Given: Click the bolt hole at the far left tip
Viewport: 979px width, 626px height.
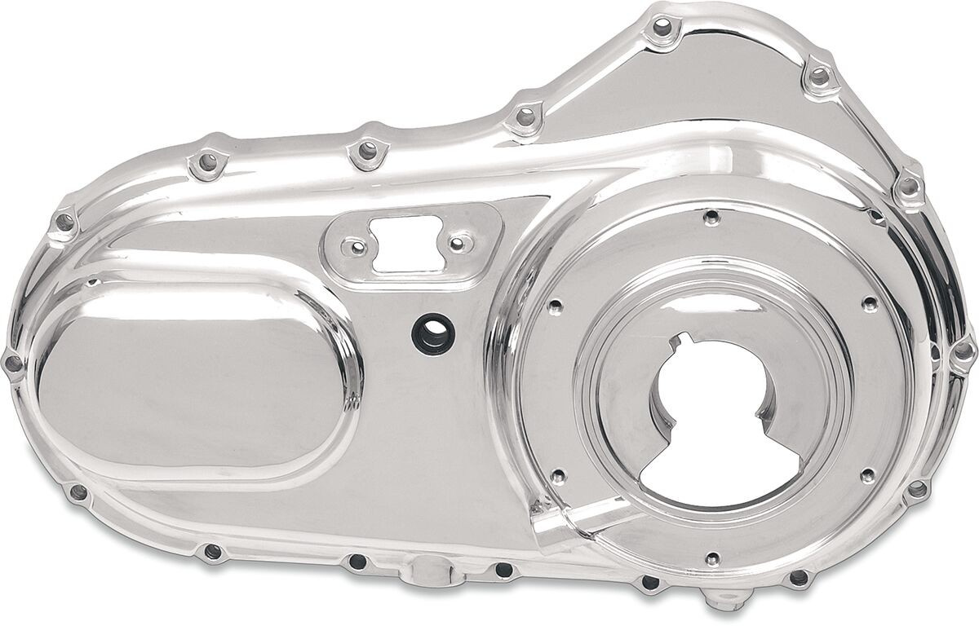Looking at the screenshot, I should tap(13, 362).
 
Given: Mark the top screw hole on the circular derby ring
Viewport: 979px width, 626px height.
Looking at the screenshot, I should tap(711, 217).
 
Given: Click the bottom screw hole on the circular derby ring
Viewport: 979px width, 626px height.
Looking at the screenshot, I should tap(712, 558).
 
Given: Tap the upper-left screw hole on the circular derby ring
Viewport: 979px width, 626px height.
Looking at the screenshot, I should tap(556, 307).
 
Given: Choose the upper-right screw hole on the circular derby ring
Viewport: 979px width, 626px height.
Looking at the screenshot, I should tap(870, 304).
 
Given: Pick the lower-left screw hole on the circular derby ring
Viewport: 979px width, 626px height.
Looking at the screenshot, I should tap(558, 475).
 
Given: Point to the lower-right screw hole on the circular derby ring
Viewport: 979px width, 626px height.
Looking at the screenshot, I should tap(868, 473).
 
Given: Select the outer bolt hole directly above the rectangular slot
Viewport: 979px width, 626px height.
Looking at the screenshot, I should tap(366, 152).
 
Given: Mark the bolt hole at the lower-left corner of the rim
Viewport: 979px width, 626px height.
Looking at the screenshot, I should tap(78, 492).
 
